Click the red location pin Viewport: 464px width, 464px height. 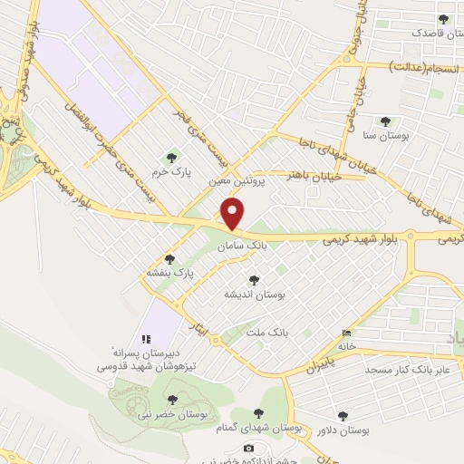click(x=233, y=214)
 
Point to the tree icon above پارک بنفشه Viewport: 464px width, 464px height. click(x=169, y=259)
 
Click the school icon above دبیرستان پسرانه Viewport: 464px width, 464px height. click(x=145, y=338)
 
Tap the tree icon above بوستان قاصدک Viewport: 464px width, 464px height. click(x=443, y=19)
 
